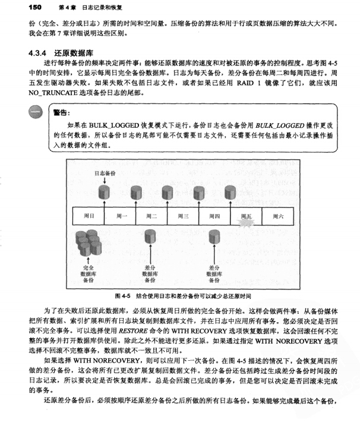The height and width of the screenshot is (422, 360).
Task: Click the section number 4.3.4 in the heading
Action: pos(40,52)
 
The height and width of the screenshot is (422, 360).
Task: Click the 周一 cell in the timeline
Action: pos(121,216)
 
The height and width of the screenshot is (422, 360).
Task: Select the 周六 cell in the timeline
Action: pos(277,216)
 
